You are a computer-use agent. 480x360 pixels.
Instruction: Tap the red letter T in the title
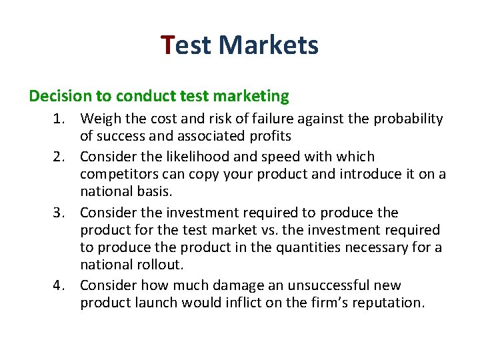pyautogui.click(x=168, y=45)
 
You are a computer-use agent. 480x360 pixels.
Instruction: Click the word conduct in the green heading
pyautogui.click(x=142, y=96)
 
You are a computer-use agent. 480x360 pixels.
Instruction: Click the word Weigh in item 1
pyautogui.click(x=99, y=119)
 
